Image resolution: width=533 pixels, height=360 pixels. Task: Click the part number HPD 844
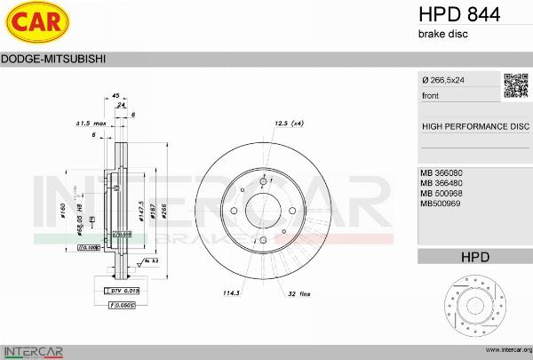(459, 14)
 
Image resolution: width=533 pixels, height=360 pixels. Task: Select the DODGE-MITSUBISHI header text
(54, 59)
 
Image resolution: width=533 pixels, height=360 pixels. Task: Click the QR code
(515, 84)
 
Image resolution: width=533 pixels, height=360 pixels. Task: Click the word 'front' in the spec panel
(430, 95)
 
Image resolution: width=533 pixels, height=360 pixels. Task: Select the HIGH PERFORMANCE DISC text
(474, 126)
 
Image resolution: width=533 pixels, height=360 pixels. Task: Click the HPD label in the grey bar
(475, 257)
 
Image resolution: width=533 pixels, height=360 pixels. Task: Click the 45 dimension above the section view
(115, 95)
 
